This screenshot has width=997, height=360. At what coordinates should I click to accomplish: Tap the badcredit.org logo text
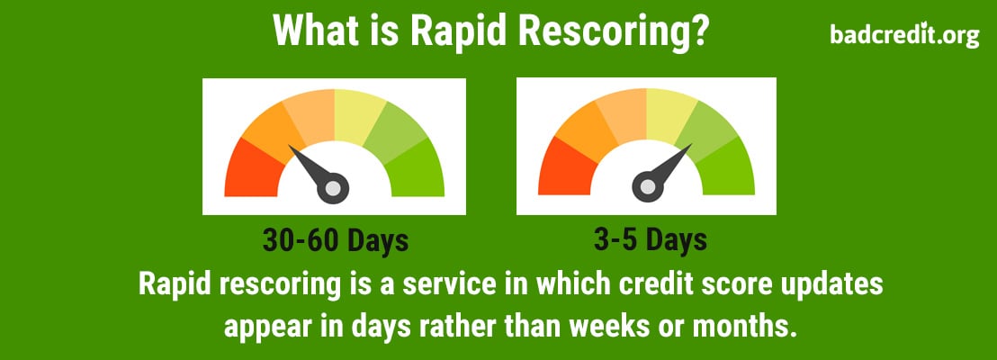pos(903,35)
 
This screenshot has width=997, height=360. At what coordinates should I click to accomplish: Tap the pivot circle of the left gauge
pos(333,188)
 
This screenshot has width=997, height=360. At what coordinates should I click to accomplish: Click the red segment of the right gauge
pos(566,170)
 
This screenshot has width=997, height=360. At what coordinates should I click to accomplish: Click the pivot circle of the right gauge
pos(647,186)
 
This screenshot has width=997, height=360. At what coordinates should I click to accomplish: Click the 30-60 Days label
pos(336,240)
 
